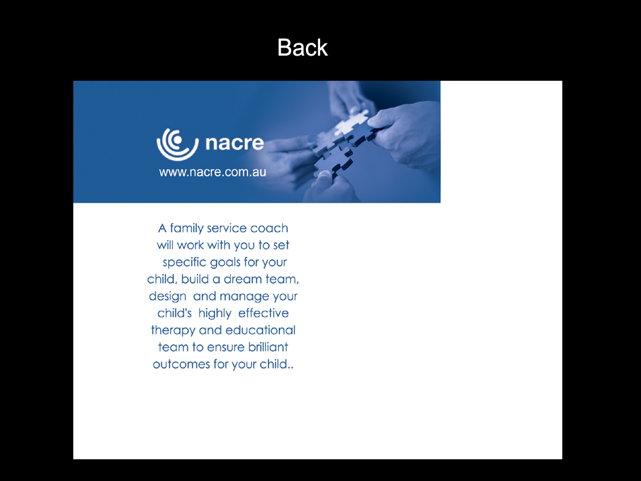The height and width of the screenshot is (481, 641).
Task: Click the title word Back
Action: [303, 47]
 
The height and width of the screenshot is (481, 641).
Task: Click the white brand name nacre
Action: [234, 144]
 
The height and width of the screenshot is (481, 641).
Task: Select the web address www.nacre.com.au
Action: [212, 172]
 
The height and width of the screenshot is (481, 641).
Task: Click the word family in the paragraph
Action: [187, 229]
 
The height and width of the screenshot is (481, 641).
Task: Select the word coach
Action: [269, 229]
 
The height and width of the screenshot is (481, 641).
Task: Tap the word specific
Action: [184, 263]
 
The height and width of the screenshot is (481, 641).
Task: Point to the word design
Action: [168, 296]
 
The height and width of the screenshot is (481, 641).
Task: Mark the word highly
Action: [214, 313]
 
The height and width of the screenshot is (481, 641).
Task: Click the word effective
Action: [263, 313]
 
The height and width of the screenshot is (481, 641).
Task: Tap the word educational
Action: [260, 330]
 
